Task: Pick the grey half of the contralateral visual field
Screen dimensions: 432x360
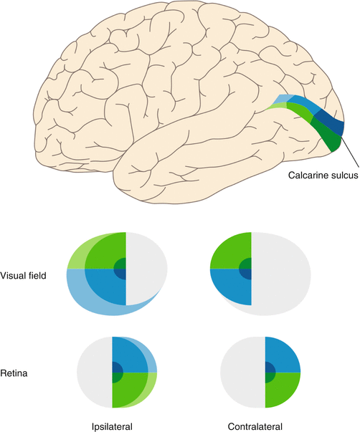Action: tap(283, 276)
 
